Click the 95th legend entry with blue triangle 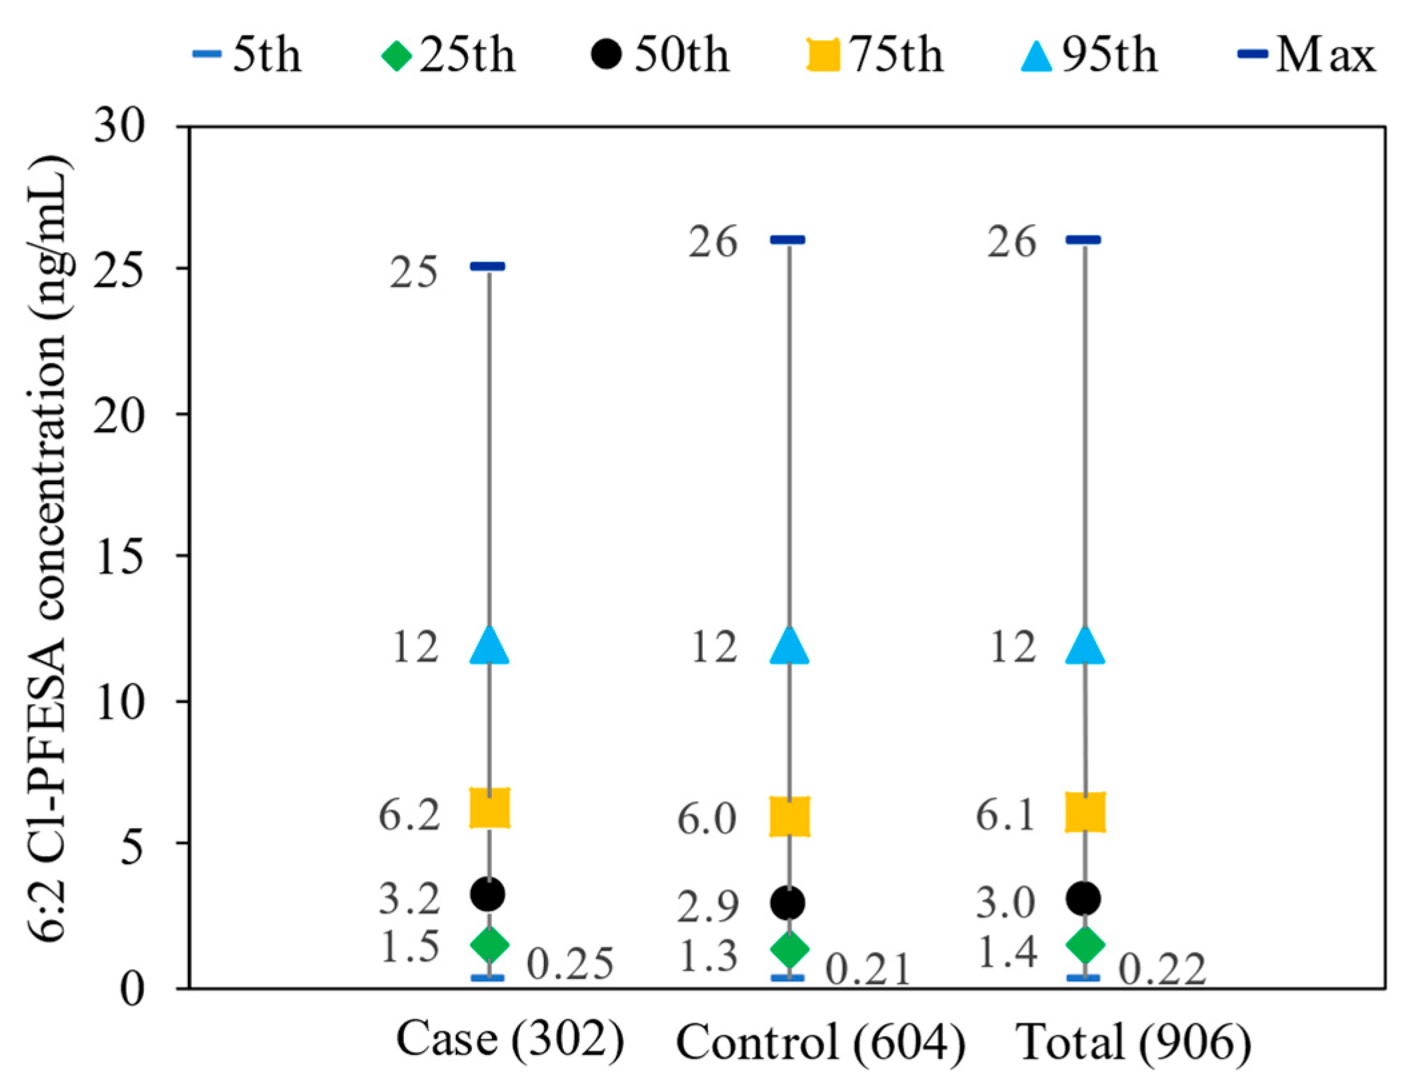click(1089, 55)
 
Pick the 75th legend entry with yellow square click(875, 55)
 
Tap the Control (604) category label click(820, 1041)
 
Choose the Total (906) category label click(1133, 1041)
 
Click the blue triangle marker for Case click(489, 646)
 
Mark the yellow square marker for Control click(789, 816)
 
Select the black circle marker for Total click(1083, 898)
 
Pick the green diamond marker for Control click(789, 948)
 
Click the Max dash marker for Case click(488, 267)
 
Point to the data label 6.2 click(409, 814)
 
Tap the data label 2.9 click(707, 906)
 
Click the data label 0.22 click(1162, 970)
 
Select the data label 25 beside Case click(413, 273)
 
